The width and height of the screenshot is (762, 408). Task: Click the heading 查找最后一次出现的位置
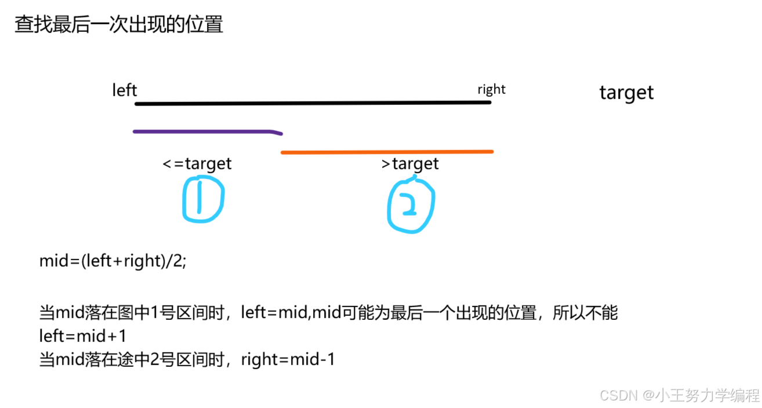tap(119, 25)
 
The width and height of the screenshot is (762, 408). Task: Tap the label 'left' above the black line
tap(124, 90)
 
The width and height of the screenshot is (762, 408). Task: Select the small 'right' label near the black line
tap(491, 89)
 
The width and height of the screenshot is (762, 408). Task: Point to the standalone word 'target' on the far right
tap(626, 93)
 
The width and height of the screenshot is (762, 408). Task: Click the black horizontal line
tap(313, 103)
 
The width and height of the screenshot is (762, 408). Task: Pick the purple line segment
tap(203, 132)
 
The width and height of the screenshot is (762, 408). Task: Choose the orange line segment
tap(387, 152)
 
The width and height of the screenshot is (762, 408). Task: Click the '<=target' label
tap(197, 164)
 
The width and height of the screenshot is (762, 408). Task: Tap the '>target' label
tap(410, 164)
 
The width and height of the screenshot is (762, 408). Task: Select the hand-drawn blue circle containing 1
tap(202, 199)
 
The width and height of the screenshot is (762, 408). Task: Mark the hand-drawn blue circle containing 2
tap(411, 205)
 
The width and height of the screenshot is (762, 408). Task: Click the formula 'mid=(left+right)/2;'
tap(113, 261)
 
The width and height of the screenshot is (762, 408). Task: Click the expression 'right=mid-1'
tap(288, 360)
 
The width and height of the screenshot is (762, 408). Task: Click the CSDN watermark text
tap(679, 396)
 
